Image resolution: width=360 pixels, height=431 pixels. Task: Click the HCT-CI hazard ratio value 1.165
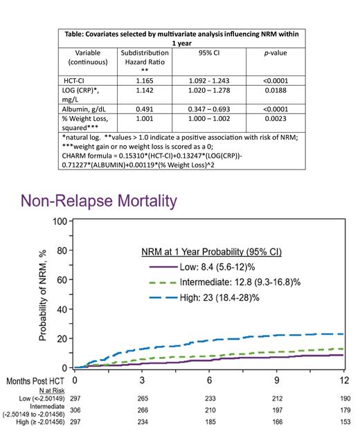pyautogui.click(x=150, y=80)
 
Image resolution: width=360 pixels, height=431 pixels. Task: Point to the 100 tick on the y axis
pyautogui.click(x=61, y=222)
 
